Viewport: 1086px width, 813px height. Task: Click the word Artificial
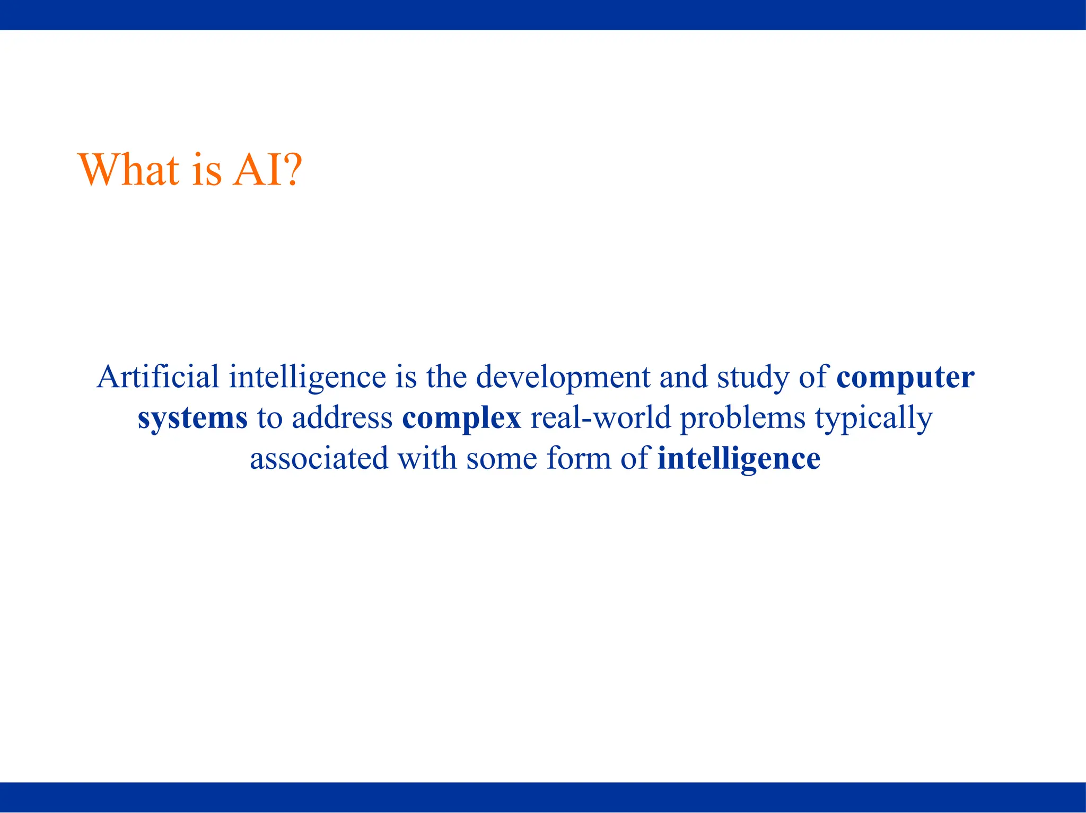[x=158, y=377]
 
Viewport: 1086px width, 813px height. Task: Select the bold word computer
[x=905, y=378]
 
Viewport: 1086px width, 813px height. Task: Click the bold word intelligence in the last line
[x=739, y=459]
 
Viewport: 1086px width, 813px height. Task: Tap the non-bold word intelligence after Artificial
[x=308, y=378]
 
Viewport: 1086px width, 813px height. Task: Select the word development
[x=563, y=378]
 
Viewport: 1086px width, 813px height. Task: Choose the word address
[x=342, y=418]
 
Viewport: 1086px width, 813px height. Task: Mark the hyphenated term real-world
[x=601, y=418]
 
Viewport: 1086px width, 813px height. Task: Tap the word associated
[x=319, y=459]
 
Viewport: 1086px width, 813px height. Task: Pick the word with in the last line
[x=427, y=459]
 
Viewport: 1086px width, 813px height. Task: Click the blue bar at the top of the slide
[x=543, y=15]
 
